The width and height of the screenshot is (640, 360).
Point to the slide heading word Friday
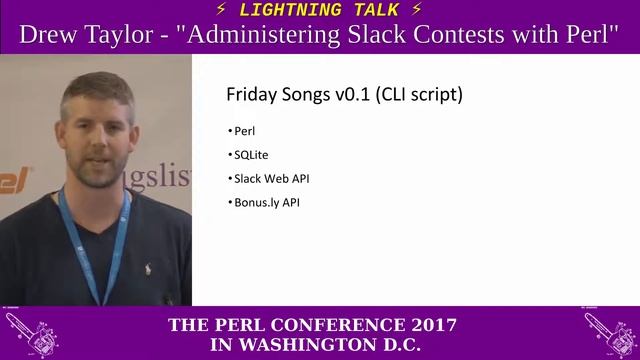(x=251, y=96)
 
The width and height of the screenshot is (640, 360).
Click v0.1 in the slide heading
(x=351, y=96)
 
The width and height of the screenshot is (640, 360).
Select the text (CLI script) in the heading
(x=419, y=96)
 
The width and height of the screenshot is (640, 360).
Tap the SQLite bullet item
(x=250, y=155)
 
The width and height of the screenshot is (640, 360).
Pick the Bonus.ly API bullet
(x=266, y=203)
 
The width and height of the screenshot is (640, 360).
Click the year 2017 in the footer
(x=425, y=325)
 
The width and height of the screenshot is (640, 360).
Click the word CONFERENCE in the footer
(x=321, y=325)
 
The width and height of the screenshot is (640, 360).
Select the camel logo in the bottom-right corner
(x=610, y=333)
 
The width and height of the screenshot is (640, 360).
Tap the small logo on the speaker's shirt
(x=149, y=268)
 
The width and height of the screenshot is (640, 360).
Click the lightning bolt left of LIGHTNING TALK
(x=221, y=10)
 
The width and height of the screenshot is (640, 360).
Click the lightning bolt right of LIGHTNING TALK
(x=416, y=10)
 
